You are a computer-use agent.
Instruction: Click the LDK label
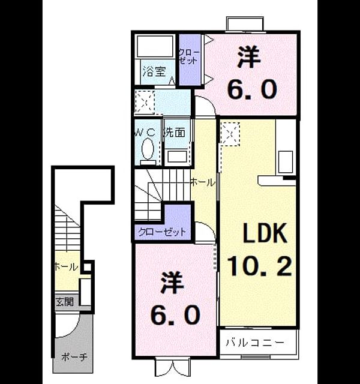click(265, 233)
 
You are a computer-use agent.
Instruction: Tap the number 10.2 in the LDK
click(260, 266)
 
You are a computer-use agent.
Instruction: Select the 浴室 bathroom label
click(154, 72)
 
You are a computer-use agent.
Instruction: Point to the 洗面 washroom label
click(175, 132)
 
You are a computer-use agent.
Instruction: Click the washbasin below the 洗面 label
click(177, 157)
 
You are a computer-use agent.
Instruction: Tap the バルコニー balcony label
click(255, 342)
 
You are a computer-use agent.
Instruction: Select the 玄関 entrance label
click(65, 302)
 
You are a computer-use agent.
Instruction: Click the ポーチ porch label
click(74, 357)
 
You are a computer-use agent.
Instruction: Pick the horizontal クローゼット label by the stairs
click(162, 232)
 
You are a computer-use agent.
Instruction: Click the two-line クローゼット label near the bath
click(190, 57)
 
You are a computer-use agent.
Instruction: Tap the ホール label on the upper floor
click(202, 182)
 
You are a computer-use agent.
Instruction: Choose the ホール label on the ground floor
click(66, 266)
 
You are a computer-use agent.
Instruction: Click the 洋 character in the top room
click(248, 58)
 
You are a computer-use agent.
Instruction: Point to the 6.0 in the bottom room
click(175, 314)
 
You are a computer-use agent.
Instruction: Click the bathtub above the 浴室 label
click(155, 46)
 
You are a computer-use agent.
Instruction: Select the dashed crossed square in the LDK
click(230, 134)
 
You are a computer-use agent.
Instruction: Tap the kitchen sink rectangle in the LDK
click(286, 162)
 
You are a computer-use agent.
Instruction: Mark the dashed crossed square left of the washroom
click(145, 102)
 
